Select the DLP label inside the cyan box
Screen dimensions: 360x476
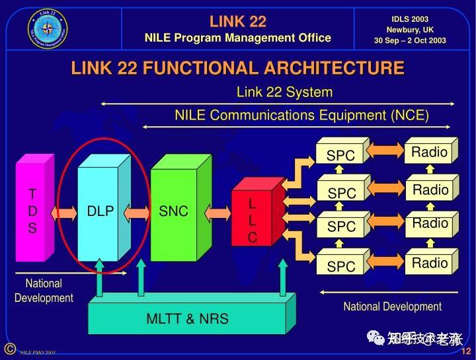[x=100, y=211]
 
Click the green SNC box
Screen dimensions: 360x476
[x=174, y=211]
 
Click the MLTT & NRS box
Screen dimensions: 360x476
[x=187, y=318]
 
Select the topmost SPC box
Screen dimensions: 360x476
[x=341, y=155]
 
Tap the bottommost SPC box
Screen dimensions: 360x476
[x=341, y=266]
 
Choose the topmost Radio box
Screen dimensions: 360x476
[x=430, y=152]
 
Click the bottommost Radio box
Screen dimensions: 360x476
[x=430, y=263]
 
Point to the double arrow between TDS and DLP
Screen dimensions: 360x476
[x=65, y=213]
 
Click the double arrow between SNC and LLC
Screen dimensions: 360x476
[x=218, y=213]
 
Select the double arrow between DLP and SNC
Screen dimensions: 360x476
[x=138, y=213]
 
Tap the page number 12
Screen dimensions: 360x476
[x=465, y=350]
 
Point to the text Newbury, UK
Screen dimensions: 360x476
[x=410, y=29]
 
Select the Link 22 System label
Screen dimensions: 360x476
[x=284, y=92]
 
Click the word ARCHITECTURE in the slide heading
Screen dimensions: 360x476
[x=334, y=68]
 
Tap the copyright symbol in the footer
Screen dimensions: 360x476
[x=9, y=349]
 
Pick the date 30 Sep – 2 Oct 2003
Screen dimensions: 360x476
[x=410, y=40]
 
